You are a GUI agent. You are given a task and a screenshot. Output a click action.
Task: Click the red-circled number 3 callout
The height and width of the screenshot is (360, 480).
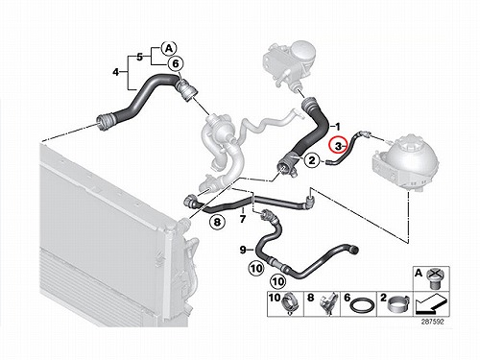338,145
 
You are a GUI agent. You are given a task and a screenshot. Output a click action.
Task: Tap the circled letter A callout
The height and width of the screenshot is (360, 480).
169,49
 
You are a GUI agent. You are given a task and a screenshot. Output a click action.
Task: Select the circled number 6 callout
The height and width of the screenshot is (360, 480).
176,64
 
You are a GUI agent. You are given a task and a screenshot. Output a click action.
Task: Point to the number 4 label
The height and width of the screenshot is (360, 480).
115,72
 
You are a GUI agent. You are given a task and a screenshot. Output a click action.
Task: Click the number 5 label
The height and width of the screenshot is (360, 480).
139,58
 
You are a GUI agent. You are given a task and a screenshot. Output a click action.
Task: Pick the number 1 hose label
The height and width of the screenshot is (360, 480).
337,127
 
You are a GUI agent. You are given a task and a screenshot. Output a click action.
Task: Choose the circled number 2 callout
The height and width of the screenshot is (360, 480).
312,160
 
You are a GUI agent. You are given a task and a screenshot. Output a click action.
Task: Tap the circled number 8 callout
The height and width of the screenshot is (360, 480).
217,222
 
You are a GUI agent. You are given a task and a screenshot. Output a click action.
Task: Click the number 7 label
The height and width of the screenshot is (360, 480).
243,219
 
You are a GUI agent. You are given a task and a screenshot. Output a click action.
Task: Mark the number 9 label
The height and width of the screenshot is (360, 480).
243,250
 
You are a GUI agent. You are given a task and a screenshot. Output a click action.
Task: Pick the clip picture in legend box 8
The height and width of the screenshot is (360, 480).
328,303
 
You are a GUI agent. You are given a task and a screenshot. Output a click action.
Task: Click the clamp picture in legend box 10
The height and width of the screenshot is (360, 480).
290,304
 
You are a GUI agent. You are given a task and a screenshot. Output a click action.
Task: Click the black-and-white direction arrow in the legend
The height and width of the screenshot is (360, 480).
430,305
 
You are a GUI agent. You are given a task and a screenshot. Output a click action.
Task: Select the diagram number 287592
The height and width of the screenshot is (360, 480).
434,322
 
